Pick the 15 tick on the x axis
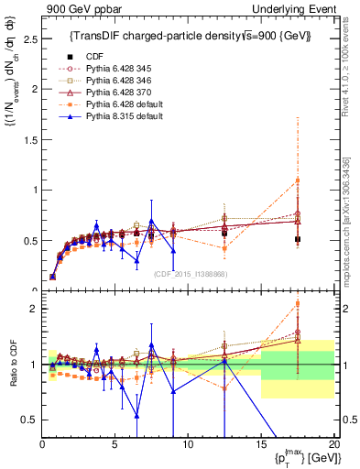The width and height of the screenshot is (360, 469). pos(260,443)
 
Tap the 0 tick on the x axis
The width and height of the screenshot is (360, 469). pos(42,443)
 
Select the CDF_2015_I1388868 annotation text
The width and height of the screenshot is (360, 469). pos(191,273)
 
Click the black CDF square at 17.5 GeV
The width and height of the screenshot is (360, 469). pos(297,239)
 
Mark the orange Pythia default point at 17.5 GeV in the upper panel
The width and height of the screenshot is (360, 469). pos(297,180)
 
